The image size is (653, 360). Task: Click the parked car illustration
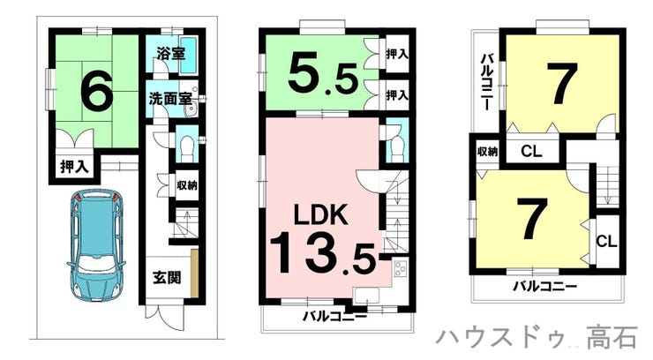(x=96, y=245)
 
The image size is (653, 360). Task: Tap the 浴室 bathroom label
(x=170, y=54)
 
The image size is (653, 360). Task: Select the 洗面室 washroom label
(x=170, y=99)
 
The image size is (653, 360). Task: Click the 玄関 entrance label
(x=167, y=277)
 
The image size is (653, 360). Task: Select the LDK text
(x=320, y=214)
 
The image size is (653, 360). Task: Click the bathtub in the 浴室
(x=190, y=56)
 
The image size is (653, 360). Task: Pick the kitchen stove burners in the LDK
(x=401, y=269)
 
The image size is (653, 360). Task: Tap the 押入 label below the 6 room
(x=74, y=167)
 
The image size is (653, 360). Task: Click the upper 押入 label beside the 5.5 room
(x=397, y=54)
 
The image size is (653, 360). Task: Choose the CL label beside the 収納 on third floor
(x=531, y=151)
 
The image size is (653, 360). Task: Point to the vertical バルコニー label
(x=487, y=81)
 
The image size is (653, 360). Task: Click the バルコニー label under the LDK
(x=334, y=317)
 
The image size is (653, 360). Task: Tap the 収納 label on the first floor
(x=187, y=185)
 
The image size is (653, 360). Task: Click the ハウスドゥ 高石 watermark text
(x=537, y=337)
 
